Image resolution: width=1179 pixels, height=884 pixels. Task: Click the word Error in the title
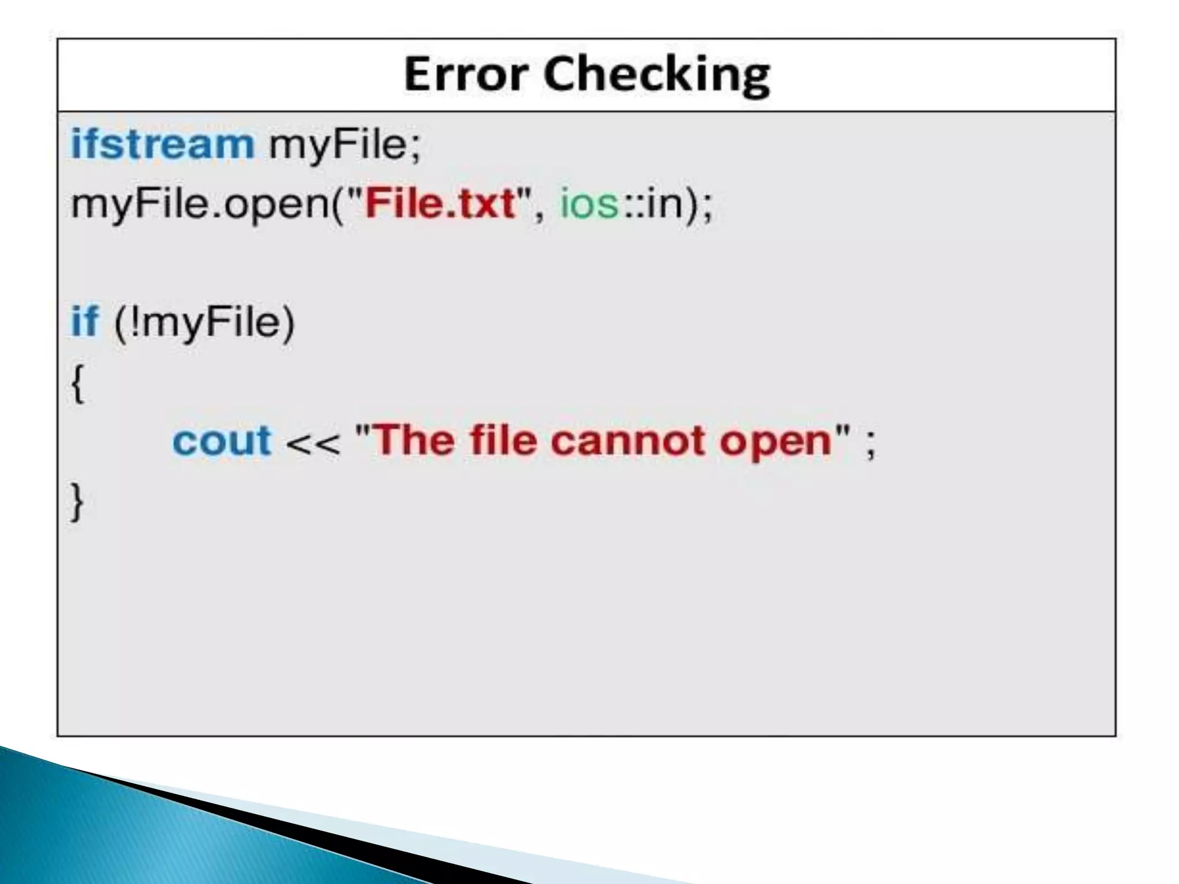pyautogui.click(x=465, y=74)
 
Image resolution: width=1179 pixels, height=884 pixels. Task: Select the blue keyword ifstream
pyautogui.click(x=162, y=144)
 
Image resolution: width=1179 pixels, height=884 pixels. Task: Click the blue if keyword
pyautogui.click(x=85, y=321)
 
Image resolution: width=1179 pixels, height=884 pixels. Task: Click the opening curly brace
pyautogui.click(x=78, y=383)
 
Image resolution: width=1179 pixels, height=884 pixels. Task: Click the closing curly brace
pyautogui.click(x=77, y=502)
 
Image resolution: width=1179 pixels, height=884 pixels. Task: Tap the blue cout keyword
pyautogui.click(x=222, y=441)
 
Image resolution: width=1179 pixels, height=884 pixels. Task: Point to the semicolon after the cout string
pyautogui.click(x=870, y=444)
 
